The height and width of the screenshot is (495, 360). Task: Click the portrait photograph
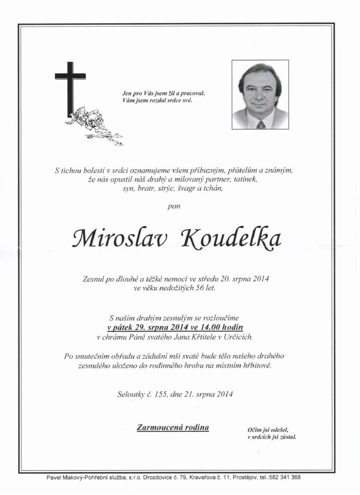point(260,95)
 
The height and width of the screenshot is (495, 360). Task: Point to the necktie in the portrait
point(261,125)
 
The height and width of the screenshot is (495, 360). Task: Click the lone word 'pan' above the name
point(173,206)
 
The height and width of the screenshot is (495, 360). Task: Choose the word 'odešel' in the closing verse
point(278,429)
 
